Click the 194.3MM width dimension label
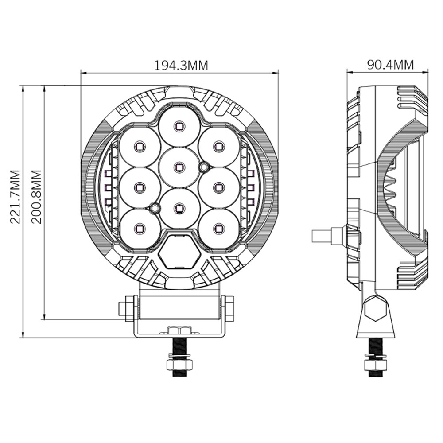tap(181, 65)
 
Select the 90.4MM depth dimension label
tap(390, 65)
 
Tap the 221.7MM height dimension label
tap(15, 197)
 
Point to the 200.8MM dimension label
tap(36, 197)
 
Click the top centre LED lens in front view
tap(178, 126)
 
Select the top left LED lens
tap(139, 146)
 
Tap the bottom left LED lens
tap(139, 228)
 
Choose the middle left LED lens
tap(139, 187)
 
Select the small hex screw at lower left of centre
tap(154, 207)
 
